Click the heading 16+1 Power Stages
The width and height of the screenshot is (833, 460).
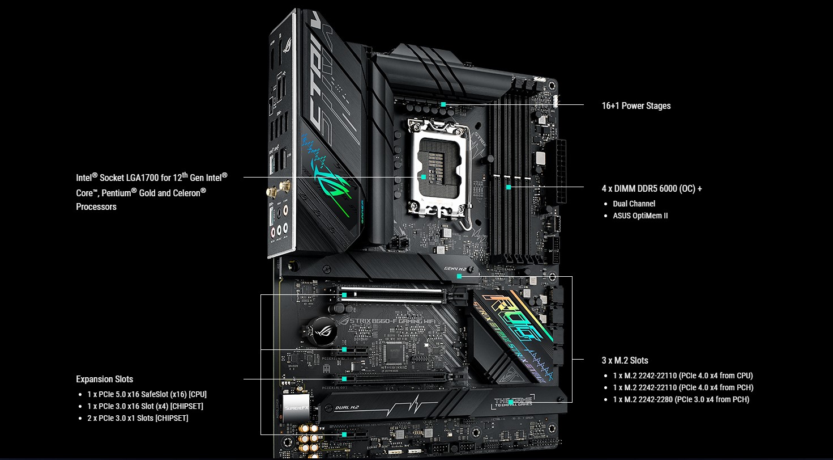coord(636,105)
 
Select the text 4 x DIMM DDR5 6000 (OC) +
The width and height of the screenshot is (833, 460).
coord(652,188)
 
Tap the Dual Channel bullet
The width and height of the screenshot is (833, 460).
coord(634,204)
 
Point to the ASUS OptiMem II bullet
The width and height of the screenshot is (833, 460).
coord(640,216)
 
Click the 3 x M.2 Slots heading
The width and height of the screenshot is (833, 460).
coord(625,360)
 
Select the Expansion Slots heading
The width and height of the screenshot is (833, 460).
coord(105,379)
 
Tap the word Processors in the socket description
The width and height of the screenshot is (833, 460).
coord(96,206)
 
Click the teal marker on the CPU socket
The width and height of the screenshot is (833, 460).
coord(424,177)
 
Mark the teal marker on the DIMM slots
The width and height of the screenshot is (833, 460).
coord(509,187)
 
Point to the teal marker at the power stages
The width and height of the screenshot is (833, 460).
coord(443,104)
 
